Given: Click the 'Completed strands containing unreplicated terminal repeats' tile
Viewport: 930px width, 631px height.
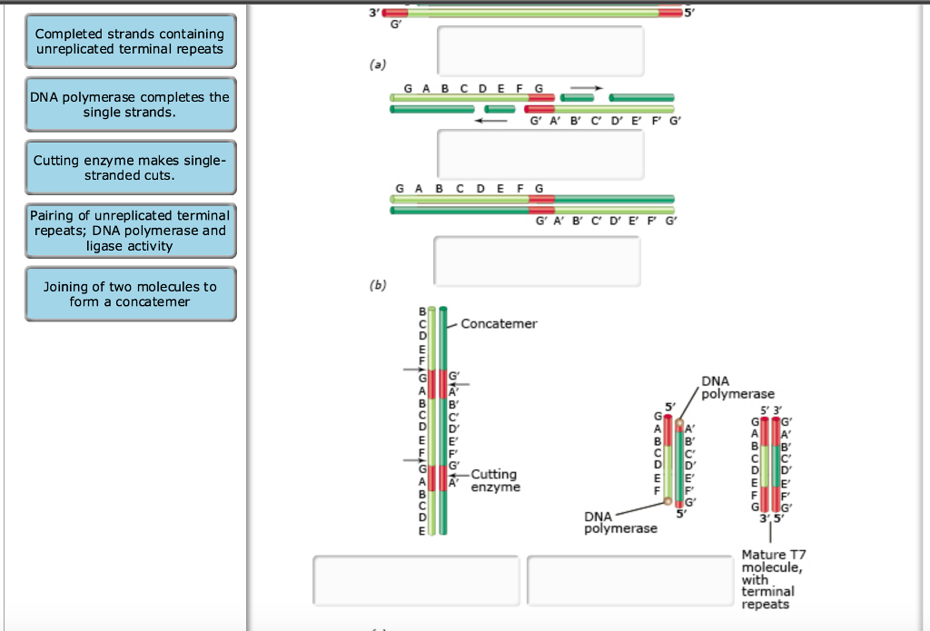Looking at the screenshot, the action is [131, 42].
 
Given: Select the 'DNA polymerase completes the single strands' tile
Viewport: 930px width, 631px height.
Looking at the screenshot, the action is [131, 104].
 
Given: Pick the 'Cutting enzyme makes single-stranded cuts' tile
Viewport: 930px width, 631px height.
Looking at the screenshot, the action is [131, 168].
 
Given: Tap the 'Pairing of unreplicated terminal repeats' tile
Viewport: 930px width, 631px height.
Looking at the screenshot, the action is [131, 231].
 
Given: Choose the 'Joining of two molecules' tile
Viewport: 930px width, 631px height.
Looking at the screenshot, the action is [131, 294].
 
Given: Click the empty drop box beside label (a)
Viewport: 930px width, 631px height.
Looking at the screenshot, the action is [540, 51].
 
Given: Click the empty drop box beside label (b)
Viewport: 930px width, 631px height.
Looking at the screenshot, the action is [537, 261].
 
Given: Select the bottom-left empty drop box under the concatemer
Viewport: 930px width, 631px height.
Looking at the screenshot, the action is [416, 580].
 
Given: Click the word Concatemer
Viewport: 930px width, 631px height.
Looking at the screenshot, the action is [499, 324].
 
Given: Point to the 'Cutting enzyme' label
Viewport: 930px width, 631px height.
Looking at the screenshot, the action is [495, 480].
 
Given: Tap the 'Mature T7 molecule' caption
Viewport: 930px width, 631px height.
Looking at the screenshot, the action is [774, 579].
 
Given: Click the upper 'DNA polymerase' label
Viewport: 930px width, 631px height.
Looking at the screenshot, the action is [737, 388].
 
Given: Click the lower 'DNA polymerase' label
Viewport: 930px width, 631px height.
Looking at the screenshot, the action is [620, 522].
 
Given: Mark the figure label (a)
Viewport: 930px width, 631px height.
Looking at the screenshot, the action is [377, 64].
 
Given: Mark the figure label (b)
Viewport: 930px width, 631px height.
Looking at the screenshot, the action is [377, 285].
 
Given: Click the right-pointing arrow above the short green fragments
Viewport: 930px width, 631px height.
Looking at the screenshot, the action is [587, 88].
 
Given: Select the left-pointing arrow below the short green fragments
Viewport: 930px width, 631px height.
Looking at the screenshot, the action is [490, 121].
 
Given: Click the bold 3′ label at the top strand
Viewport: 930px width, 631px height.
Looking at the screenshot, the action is [373, 12].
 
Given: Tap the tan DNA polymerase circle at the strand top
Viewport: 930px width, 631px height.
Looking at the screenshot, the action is [679, 423].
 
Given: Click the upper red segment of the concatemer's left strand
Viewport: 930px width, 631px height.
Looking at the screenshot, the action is [431, 384].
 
